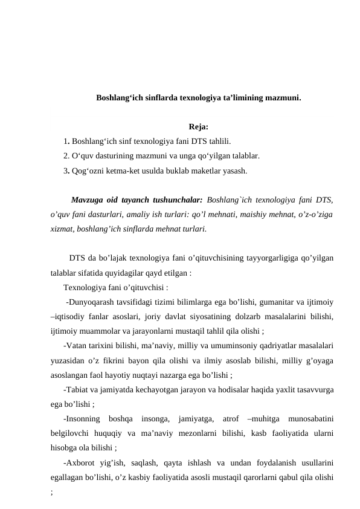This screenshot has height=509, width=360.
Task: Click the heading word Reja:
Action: [x=199, y=127]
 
